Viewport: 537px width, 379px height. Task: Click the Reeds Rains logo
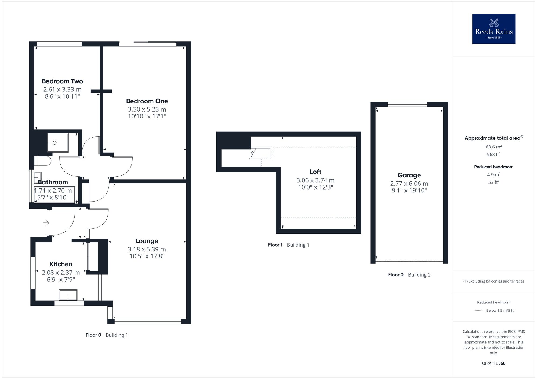click(494, 29)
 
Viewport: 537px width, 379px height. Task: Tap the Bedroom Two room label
click(62, 81)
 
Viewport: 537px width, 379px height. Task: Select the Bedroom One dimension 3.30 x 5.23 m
click(147, 109)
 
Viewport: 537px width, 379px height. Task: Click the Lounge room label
click(147, 241)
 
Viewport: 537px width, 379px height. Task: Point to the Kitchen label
click(61, 264)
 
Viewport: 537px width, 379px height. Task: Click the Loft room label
click(315, 172)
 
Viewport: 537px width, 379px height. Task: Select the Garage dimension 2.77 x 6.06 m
click(409, 184)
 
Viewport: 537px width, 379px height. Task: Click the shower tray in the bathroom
click(58, 143)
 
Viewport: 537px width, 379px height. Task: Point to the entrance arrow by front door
click(46, 223)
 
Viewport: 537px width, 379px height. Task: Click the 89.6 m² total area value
click(494, 147)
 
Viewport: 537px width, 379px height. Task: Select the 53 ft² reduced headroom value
click(494, 182)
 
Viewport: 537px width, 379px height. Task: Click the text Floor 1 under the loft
click(275, 245)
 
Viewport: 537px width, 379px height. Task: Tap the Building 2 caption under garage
click(419, 275)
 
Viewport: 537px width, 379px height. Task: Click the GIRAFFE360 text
click(494, 363)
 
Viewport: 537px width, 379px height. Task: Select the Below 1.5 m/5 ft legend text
click(500, 310)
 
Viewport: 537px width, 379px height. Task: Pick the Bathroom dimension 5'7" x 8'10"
click(53, 198)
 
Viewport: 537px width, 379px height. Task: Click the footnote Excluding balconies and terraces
click(494, 281)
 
